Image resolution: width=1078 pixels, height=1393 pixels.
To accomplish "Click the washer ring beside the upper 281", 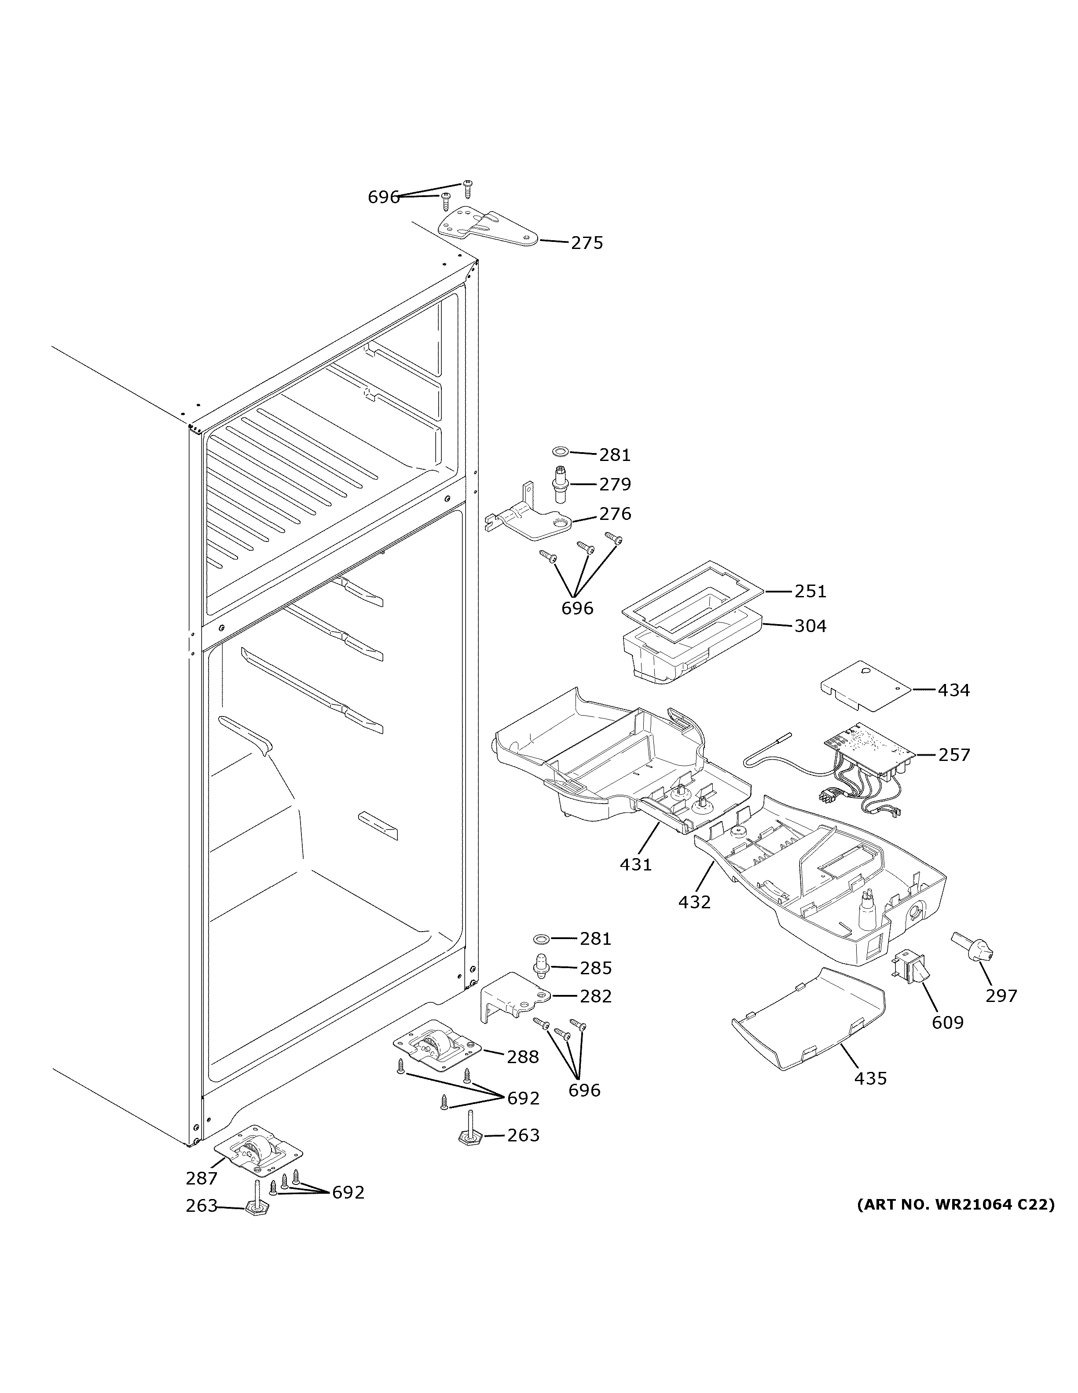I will (x=559, y=452).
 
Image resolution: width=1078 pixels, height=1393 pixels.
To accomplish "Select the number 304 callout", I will (x=810, y=626).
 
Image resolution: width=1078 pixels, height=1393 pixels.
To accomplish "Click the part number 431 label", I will (x=635, y=865).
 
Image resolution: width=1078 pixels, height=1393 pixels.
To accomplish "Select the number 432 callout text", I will (x=694, y=903).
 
